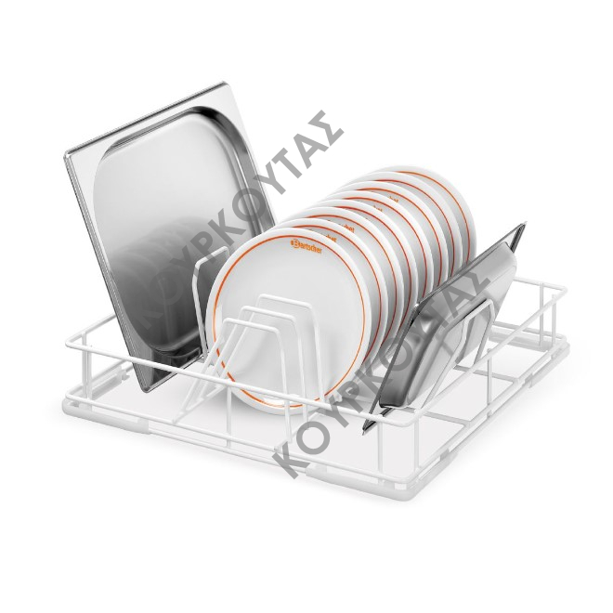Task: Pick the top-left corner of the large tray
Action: (x=67, y=154)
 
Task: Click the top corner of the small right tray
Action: (x=522, y=226)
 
